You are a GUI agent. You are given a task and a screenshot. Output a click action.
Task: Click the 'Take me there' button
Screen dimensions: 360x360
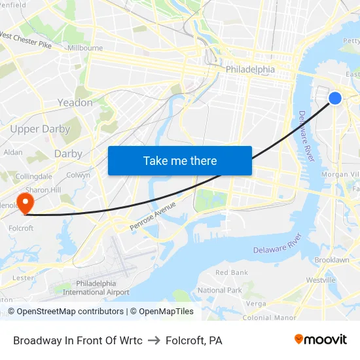coord(180,160)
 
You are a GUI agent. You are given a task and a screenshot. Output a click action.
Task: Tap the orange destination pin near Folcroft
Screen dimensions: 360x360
coord(25,202)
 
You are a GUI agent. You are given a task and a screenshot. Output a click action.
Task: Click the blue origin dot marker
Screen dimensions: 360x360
coord(334,98)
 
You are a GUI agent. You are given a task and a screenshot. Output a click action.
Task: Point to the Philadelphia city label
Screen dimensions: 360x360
coord(250,69)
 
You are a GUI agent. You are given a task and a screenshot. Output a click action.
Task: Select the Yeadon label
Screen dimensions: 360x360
coord(75,103)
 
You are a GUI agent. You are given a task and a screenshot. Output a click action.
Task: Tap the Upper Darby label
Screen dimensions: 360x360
coord(40,129)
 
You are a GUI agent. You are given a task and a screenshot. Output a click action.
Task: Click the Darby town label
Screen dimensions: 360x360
coord(68,154)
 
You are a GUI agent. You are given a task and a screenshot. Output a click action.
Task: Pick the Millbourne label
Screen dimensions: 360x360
coord(85,48)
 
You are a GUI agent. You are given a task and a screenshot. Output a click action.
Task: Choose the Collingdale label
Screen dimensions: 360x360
coord(33,177)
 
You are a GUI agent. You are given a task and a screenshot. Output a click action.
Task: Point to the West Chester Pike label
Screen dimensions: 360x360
coord(26,40)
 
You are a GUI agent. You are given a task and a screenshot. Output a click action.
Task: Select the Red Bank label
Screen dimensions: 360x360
coord(232,272)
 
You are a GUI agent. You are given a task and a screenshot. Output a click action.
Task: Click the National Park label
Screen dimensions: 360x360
coord(220,290)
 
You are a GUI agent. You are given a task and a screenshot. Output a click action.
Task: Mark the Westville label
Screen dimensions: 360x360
coord(320,279)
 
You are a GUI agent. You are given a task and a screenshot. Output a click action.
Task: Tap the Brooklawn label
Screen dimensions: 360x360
coord(331,260)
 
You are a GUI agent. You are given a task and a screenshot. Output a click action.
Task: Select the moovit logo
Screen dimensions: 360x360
coord(321,340)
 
